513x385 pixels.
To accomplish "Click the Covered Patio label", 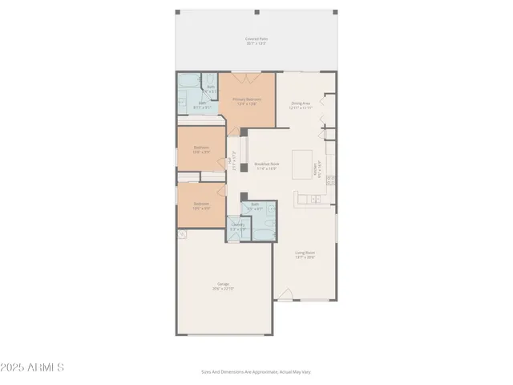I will click(x=256, y=40).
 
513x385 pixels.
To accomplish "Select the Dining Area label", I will click(x=301, y=105).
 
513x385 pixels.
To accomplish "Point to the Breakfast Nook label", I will click(x=266, y=166).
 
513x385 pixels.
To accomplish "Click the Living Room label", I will click(x=305, y=255).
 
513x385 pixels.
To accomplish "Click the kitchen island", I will click(x=303, y=165).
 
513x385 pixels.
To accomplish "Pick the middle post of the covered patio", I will click(x=256, y=12).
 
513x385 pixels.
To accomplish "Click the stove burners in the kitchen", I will click(x=330, y=181).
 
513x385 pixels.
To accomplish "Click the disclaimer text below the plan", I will click(x=256, y=371).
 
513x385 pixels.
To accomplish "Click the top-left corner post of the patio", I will click(x=178, y=12).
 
